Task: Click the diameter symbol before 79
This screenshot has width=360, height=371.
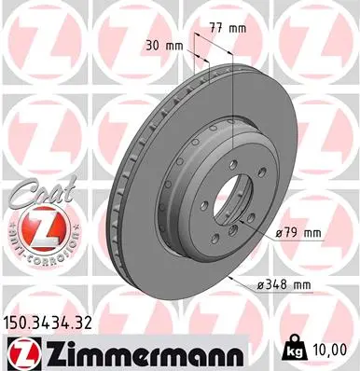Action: point(276,232)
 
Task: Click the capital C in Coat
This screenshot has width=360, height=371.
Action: point(16,192)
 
